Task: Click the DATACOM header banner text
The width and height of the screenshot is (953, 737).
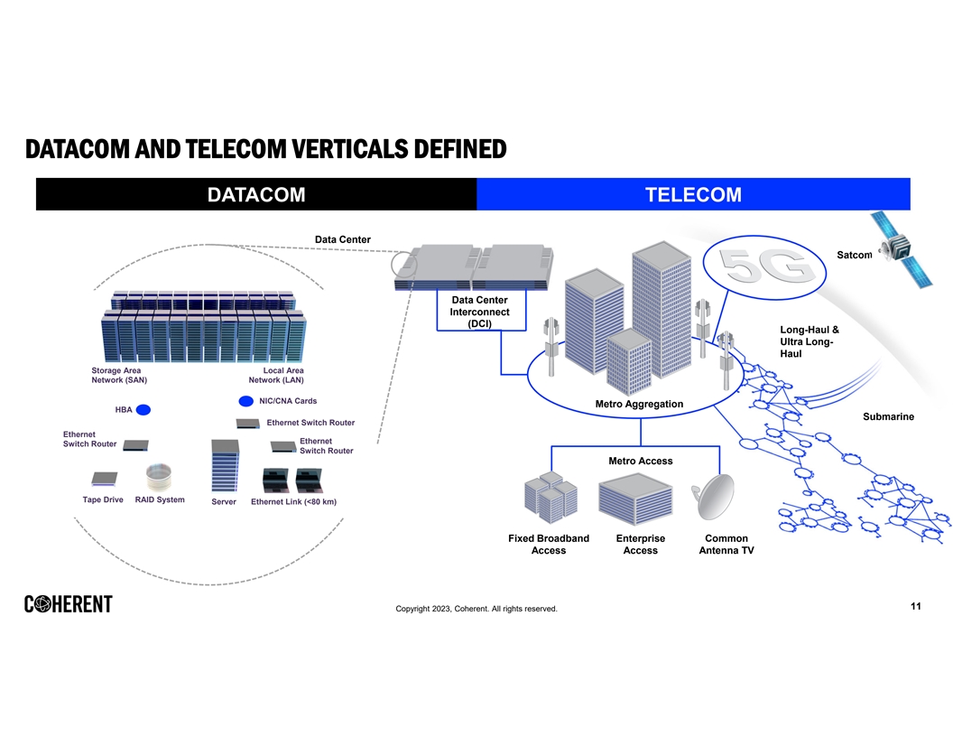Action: (x=256, y=195)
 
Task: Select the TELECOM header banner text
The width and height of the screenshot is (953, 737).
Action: (x=693, y=195)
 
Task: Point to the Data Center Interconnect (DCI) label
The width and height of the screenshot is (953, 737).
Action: (x=479, y=312)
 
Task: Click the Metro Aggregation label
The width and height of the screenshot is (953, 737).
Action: (x=639, y=404)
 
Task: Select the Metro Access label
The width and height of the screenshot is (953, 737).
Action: (x=640, y=461)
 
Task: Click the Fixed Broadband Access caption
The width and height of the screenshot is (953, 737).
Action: (x=549, y=544)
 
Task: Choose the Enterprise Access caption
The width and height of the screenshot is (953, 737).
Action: (x=640, y=544)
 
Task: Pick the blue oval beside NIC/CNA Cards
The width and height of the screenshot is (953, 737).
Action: (x=245, y=401)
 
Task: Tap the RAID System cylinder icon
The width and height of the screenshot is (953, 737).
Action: (x=159, y=477)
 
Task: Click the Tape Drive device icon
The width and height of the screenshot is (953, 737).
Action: (x=104, y=479)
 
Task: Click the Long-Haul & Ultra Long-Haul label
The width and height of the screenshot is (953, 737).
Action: (x=809, y=341)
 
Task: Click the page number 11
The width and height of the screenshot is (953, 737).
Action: (x=915, y=606)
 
